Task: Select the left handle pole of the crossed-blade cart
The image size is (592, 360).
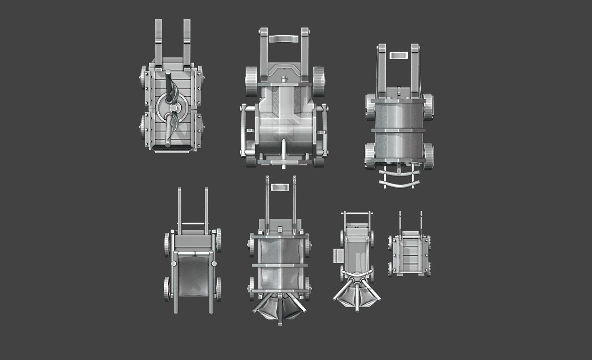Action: [159, 40]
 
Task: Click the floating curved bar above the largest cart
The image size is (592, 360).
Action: [284, 39]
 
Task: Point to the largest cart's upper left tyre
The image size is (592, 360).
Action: [251, 81]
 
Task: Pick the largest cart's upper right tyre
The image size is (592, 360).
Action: [319, 81]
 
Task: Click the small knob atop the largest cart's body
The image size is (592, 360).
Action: [284, 78]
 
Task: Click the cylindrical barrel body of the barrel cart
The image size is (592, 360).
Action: [399, 129]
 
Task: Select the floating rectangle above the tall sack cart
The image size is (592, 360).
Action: [280, 187]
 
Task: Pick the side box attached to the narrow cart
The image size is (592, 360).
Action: [338, 255]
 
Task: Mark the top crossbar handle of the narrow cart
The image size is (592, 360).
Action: [356, 214]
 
